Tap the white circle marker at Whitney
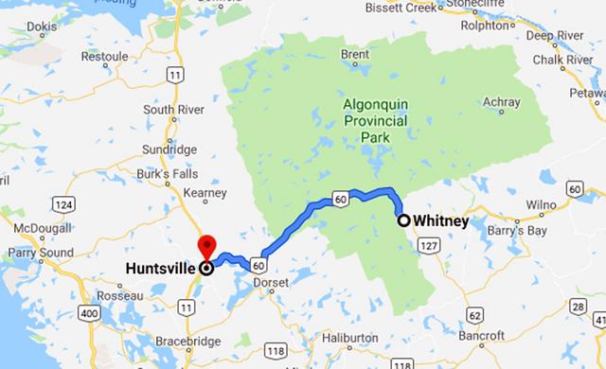[x=403, y=220]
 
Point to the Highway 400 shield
[x=91, y=313]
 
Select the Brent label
[x=355, y=55]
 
